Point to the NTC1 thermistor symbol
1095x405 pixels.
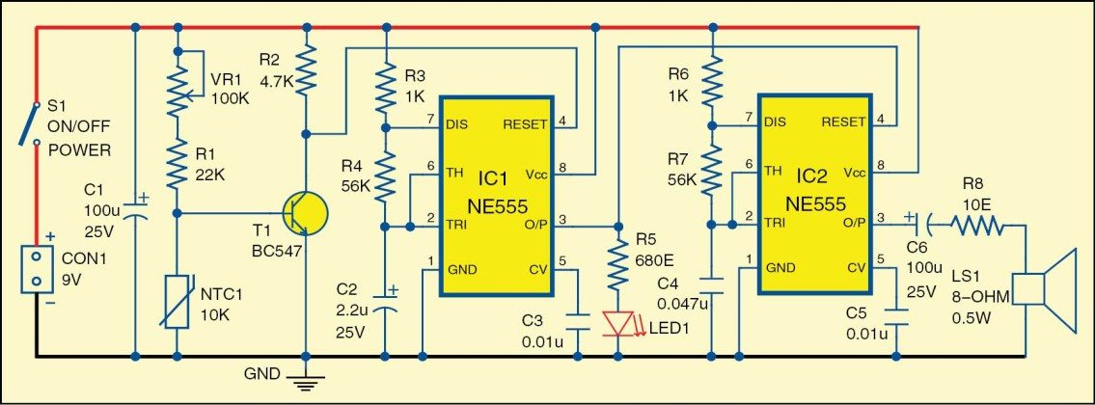point(177,301)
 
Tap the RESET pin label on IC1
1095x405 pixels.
point(525,124)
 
